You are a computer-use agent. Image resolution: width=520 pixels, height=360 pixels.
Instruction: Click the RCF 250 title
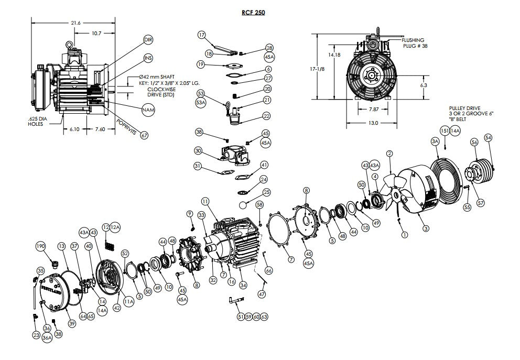coord(253,13)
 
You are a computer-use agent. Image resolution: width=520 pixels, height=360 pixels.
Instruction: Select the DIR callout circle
coord(148,40)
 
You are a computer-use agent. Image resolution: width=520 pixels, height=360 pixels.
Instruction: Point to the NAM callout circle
coord(148,110)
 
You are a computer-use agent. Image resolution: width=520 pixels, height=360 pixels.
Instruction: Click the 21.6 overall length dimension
coord(75,23)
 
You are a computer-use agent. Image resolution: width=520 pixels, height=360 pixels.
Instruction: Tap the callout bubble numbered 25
coord(267,192)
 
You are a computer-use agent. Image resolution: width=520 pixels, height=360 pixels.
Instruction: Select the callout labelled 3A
coord(435,141)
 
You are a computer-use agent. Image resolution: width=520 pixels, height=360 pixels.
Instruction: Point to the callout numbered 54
coord(489,137)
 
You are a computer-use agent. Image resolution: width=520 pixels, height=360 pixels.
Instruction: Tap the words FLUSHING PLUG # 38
coord(413,43)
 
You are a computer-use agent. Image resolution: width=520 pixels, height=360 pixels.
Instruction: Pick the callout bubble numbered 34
coord(243,286)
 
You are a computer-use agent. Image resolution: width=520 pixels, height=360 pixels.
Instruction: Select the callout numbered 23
coord(36,335)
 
